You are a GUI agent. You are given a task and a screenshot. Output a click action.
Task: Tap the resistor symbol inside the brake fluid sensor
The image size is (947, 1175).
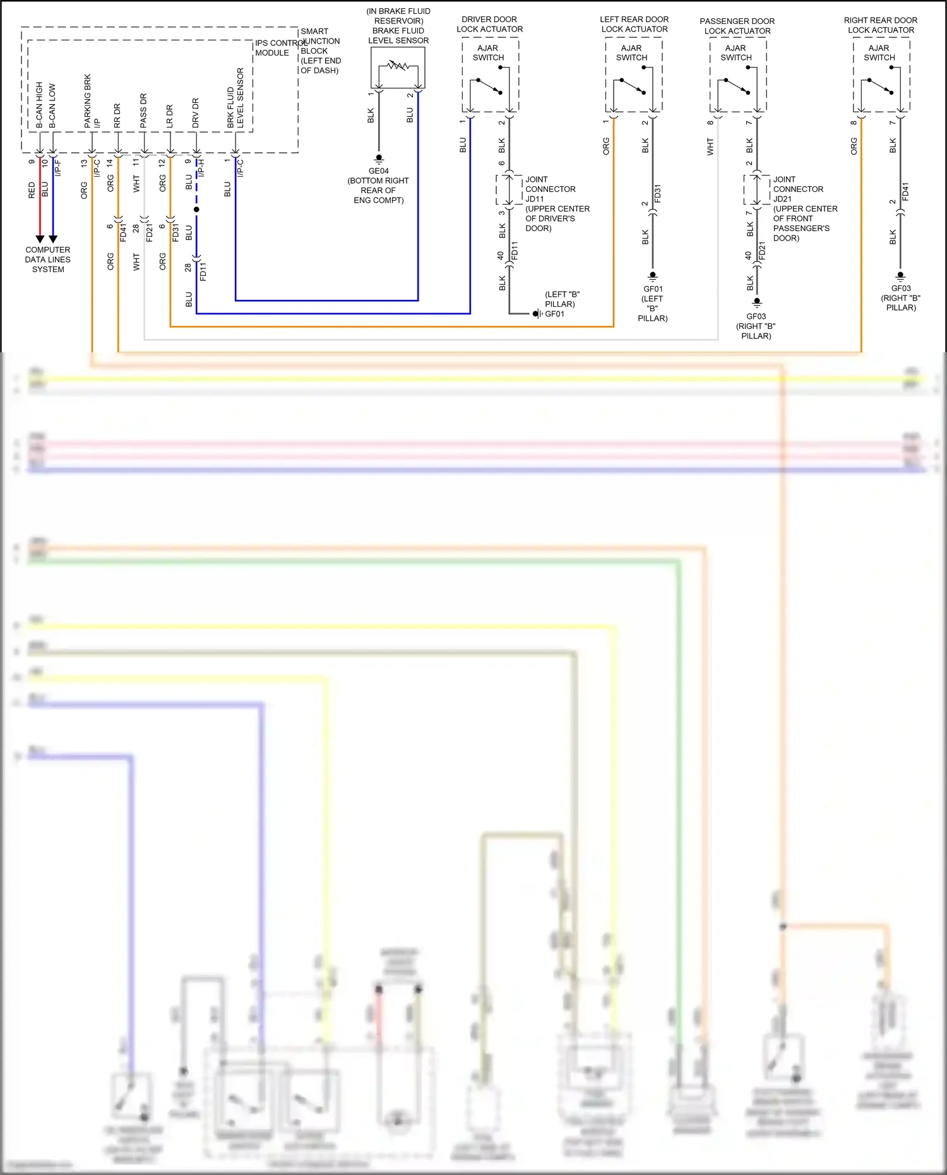(398, 65)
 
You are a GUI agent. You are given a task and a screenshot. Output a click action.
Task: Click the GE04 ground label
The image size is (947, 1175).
(378, 171)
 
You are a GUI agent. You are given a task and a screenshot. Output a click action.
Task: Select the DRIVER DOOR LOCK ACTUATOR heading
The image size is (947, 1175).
(489, 24)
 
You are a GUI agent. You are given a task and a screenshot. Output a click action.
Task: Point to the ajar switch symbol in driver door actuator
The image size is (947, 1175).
(490, 86)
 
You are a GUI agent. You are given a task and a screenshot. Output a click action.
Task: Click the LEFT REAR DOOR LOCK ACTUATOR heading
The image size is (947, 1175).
(634, 24)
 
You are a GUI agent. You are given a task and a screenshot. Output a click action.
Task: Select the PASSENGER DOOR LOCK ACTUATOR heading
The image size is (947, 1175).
(737, 26)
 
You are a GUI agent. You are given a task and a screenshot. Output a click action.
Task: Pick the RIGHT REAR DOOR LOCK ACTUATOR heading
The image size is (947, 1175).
(881, 25)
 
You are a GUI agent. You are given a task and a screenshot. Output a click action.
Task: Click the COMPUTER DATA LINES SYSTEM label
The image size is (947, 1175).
(48, 259)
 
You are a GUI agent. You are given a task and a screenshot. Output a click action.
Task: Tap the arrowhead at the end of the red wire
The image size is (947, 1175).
(40, 239)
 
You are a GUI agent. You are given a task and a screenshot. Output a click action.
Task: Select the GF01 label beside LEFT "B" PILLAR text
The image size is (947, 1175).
(555, 314)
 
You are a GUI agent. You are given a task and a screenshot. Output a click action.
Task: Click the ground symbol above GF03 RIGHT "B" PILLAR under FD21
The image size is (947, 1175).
(757, 302)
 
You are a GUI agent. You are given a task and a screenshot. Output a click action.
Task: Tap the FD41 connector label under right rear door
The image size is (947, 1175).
(905, 192)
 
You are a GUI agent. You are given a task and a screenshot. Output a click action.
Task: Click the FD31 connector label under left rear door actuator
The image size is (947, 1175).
(657, 193)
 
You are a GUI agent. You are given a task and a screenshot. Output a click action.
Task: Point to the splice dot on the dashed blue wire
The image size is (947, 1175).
(196, 209)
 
